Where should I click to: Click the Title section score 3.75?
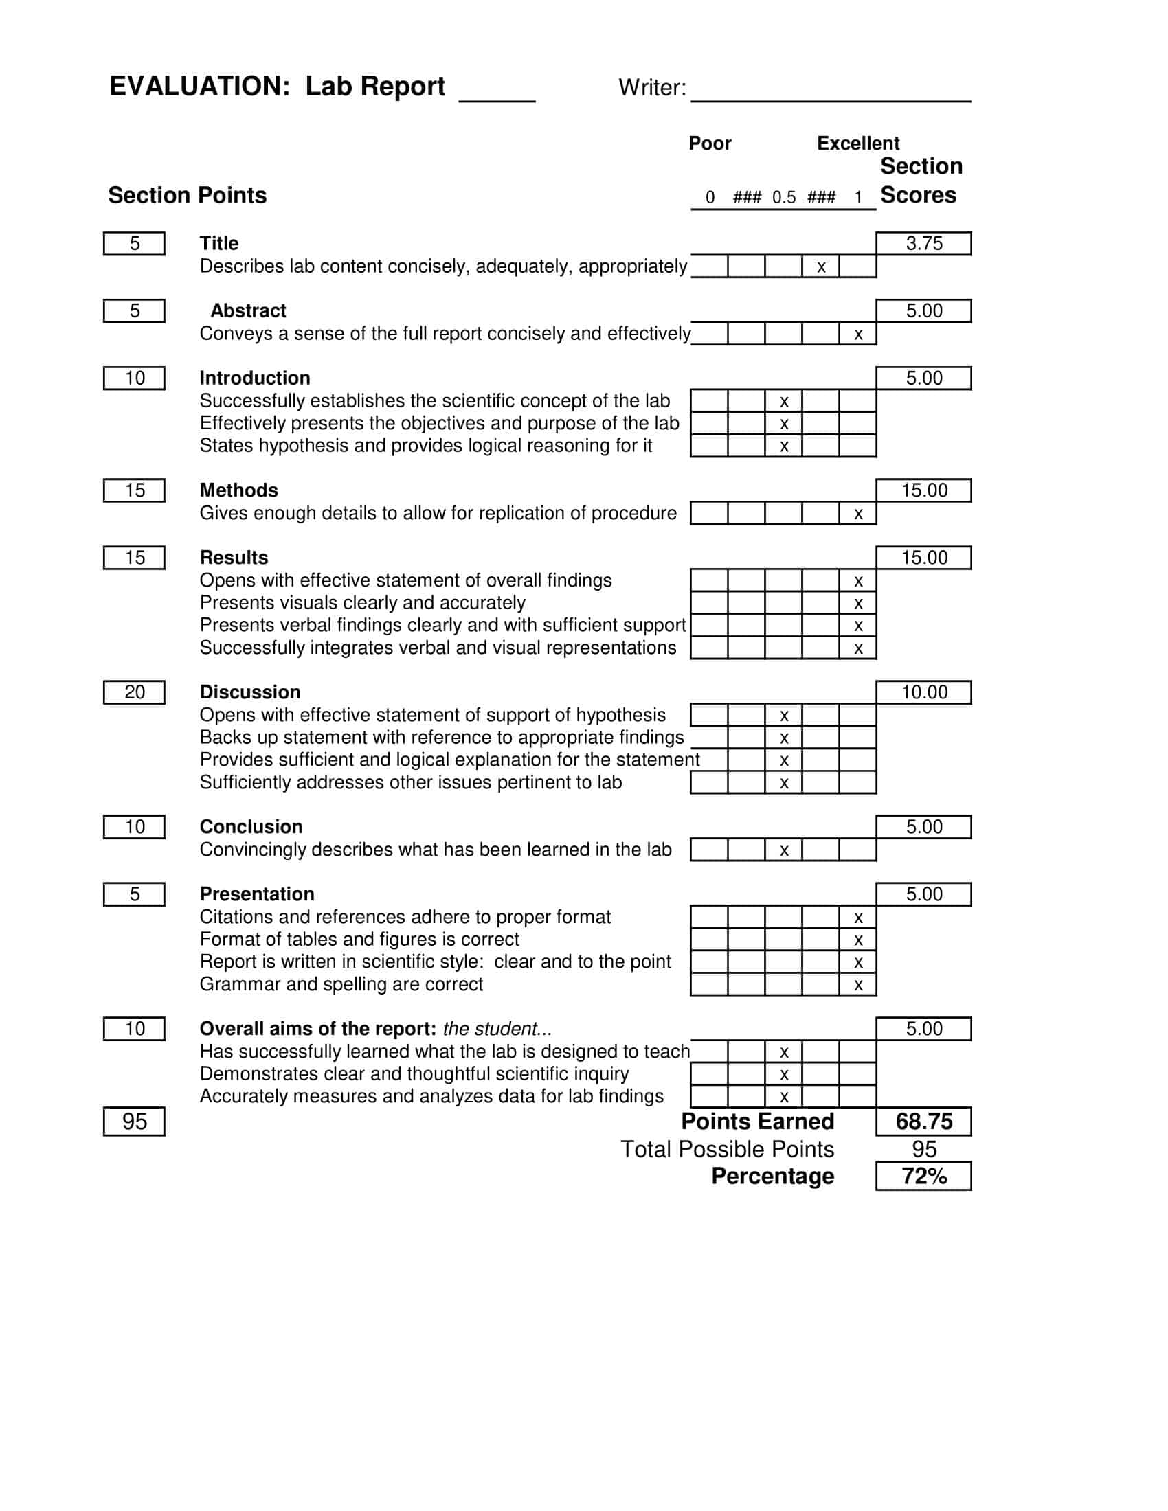[x=923, y=244]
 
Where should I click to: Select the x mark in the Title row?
[x=821, y=267]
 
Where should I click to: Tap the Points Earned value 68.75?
[x=923, y=1122]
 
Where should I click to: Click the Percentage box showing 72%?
[x=923, y=1176]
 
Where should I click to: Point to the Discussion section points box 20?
[x=134, y=692]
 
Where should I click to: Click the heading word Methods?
[x=238, y=490]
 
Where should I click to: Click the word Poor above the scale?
[x=709, y=144]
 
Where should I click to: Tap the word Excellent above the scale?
[x=858, y=144]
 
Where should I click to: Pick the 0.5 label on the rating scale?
[x=784, y=198]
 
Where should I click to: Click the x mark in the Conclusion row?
[x=784, y=851]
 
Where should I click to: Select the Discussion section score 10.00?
[x=923, y=692]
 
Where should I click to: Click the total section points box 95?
[x=134, y=1122]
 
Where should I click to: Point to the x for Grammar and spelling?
[x=858, y=985]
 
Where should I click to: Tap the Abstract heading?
[x=248, y=310]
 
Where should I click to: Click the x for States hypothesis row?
[x=784, y=447]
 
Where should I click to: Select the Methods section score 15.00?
[x=923, y=490]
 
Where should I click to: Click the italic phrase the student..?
[x=496, y=1029]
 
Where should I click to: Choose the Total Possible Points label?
[x=726, y=1149]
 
